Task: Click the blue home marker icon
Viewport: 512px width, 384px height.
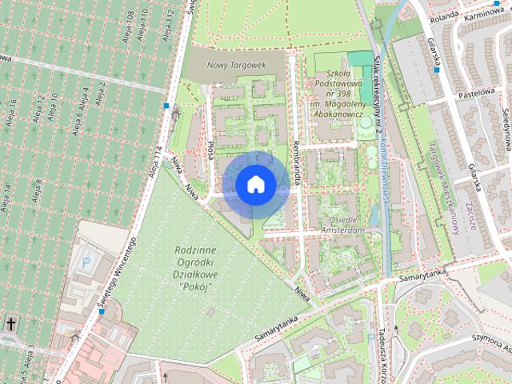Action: (255, 185)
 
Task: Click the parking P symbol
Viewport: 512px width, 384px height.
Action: (87, 262)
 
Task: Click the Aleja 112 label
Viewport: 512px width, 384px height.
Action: (170, 25)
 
